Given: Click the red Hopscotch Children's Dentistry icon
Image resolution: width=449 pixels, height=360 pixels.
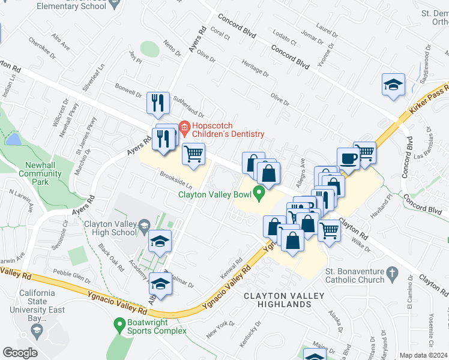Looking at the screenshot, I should pyautogui.click(x=184, y=127).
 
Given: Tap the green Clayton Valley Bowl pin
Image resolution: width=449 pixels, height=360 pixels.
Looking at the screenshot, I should pyautogui.click(x=259, y=193).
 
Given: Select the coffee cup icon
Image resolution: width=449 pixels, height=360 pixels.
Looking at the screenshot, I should pyautogui.click(x=349, y=159).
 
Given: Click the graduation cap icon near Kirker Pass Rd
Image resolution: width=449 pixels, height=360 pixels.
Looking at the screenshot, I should pyautogui.click(x=393, y=85).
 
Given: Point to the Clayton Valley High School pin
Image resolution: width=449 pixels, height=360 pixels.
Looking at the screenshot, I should pyautogui.click(x=144, y=226).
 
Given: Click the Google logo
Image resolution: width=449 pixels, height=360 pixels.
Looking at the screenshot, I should pyautogui.click(x=20, y=353).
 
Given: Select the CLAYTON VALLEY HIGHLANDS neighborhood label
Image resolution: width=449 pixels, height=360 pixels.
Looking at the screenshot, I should pyautogui.click(x=283, y=300).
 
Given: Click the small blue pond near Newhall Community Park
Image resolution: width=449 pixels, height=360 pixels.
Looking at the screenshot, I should pyautogui.click(x=12, y=139).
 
